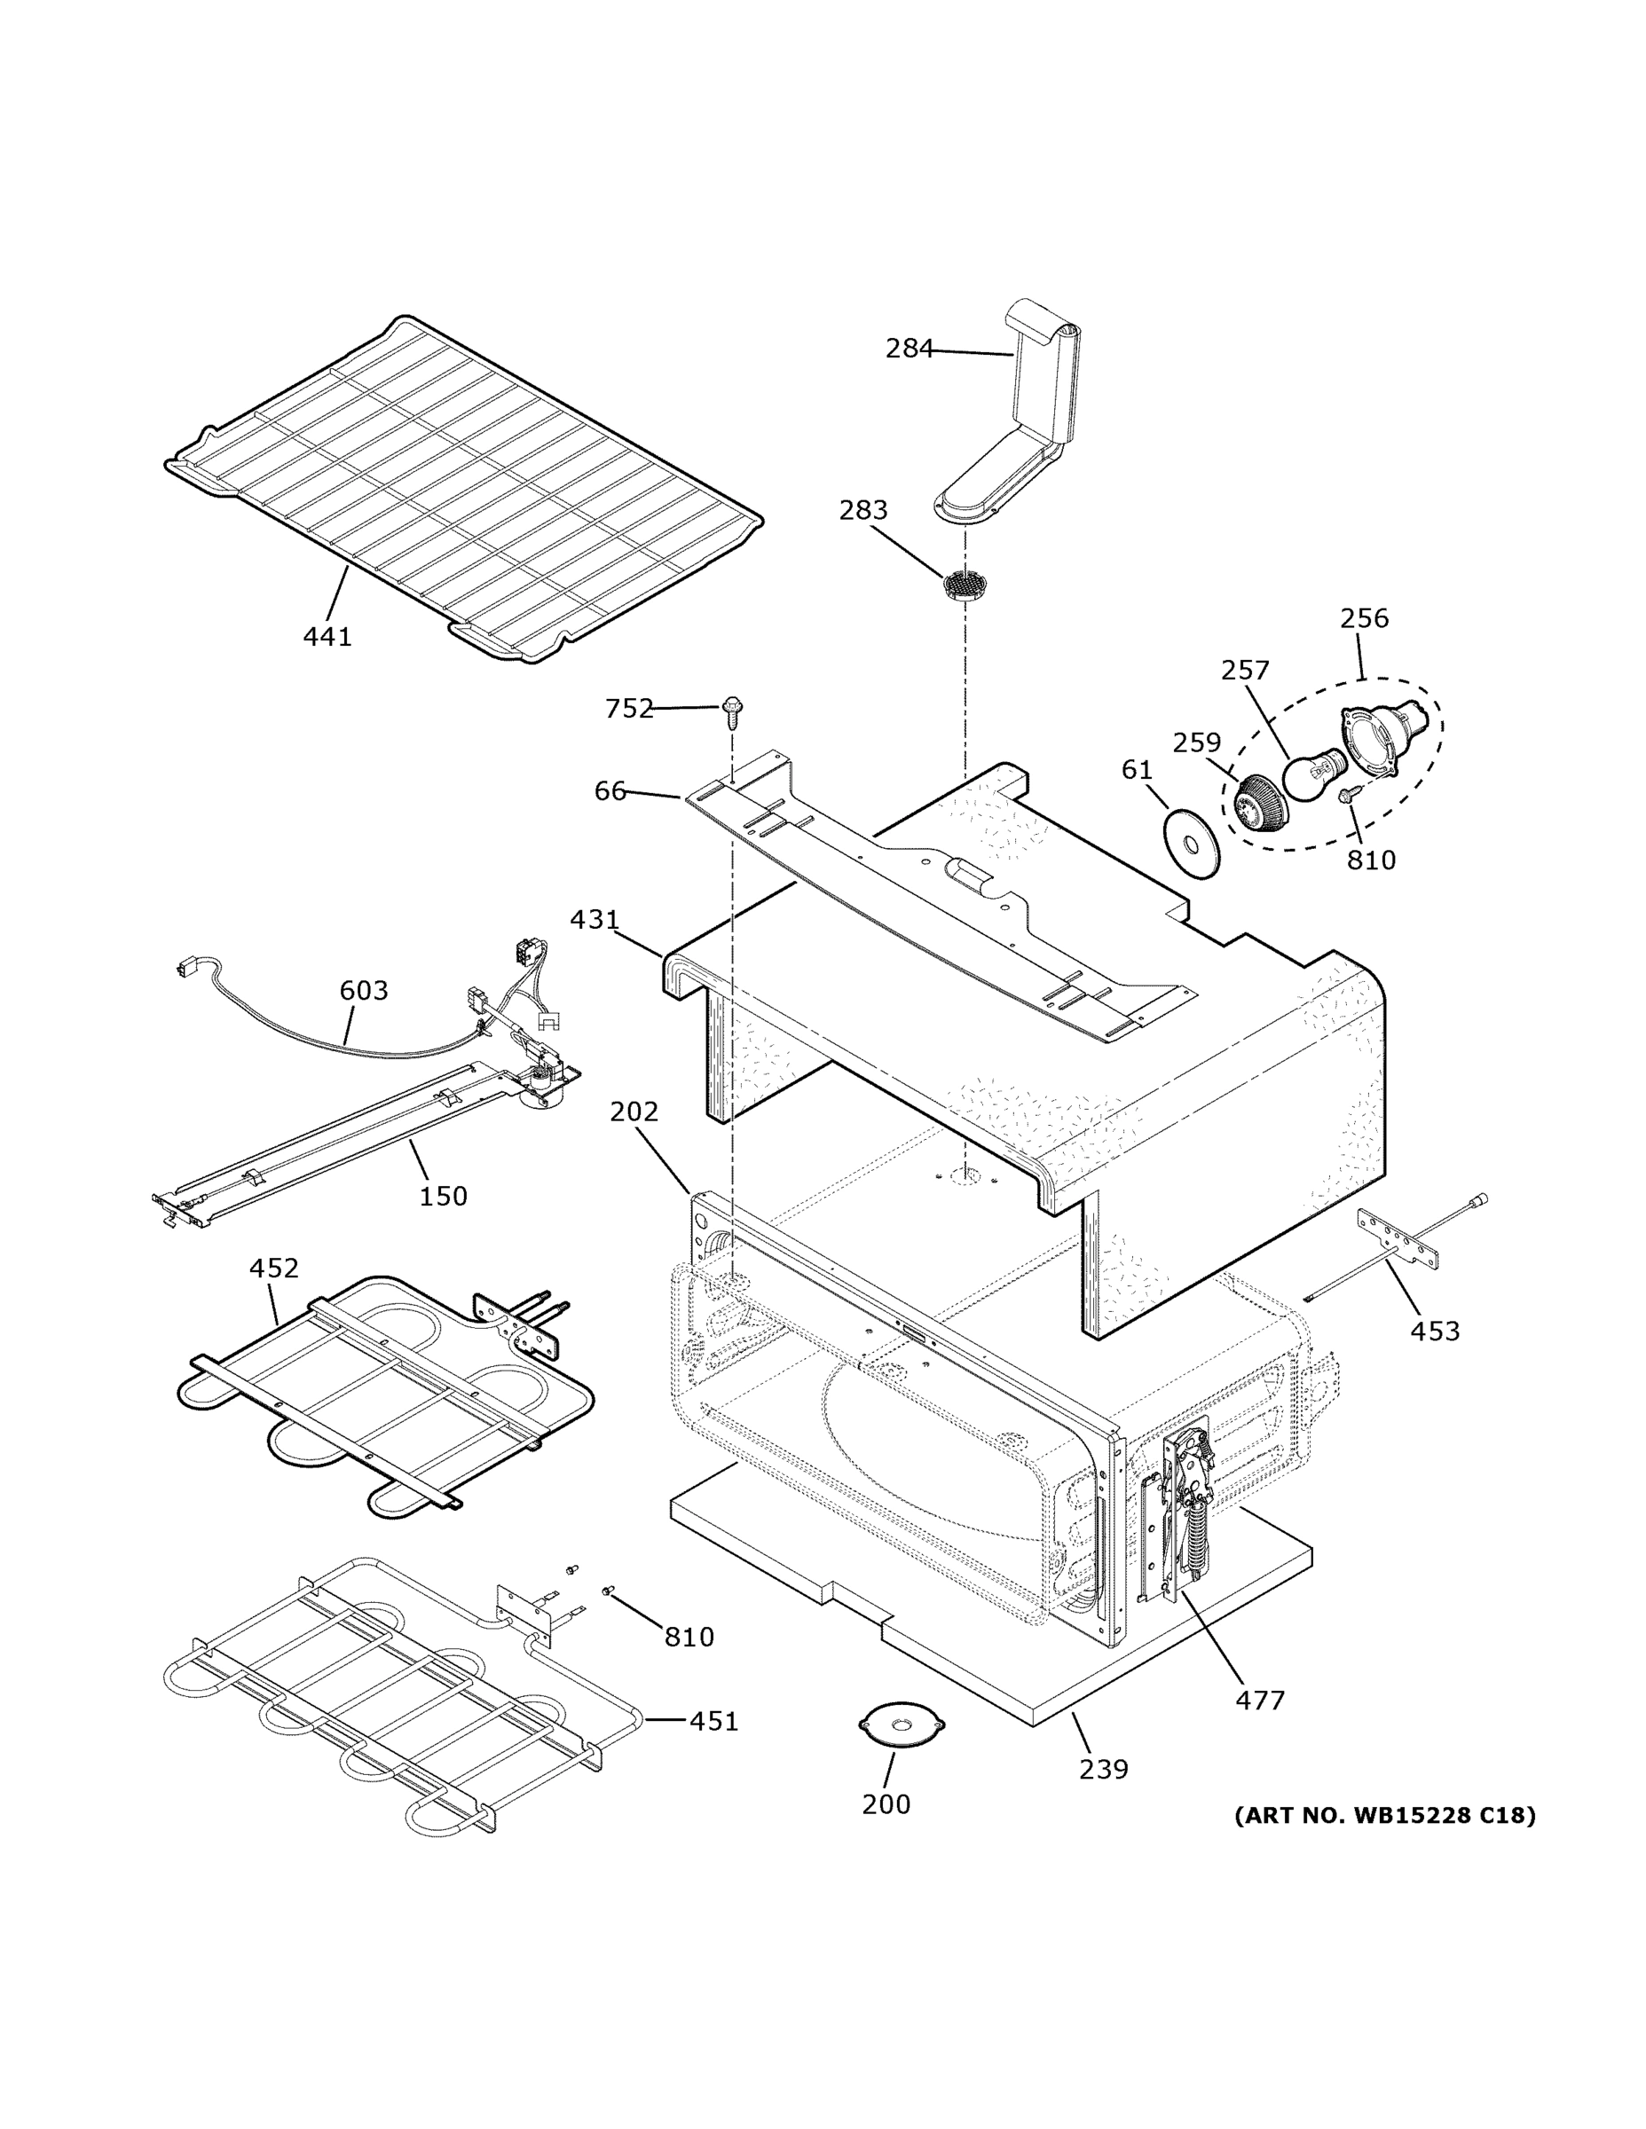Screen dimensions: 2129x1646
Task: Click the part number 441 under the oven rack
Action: [x=327, y=637]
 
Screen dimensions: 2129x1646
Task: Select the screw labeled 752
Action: [x=732, y=711]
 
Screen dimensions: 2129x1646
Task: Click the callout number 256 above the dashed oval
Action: [x=1363, y=618]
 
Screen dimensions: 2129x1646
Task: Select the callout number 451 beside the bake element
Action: [x=713, y=1722]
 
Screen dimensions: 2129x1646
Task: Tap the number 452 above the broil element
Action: [x=273, y=1269]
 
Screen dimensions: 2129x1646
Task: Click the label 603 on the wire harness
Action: [x=363, y=990]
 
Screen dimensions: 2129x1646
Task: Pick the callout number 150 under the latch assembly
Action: [x=443, y=1196]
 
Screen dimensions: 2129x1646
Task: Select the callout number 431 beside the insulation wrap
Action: [x=594, y=919]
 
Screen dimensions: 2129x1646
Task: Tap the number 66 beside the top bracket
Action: [x=610, y=790]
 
